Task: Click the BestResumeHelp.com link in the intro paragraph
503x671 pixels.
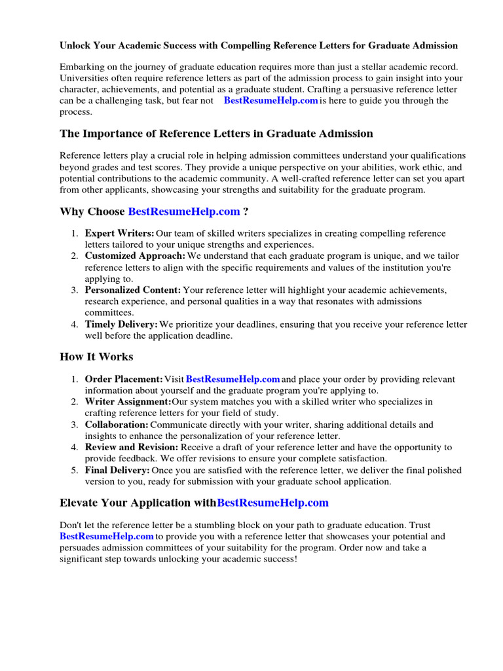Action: (270, 101)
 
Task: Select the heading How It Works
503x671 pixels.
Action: (96, 357)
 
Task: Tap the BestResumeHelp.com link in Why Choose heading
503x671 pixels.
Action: (184, 212)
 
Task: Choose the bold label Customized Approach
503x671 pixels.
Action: (135, 256)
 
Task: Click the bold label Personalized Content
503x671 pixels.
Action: (133, 290)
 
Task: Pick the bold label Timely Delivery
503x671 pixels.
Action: (122, 324)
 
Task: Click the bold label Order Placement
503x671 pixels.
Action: (124, 379)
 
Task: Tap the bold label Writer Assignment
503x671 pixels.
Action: (128, 402)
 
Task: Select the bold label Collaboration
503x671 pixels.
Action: (117, 425)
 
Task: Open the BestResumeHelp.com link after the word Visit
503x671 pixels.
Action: (233, 379)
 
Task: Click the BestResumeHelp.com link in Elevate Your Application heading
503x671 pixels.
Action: (272, 503)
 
